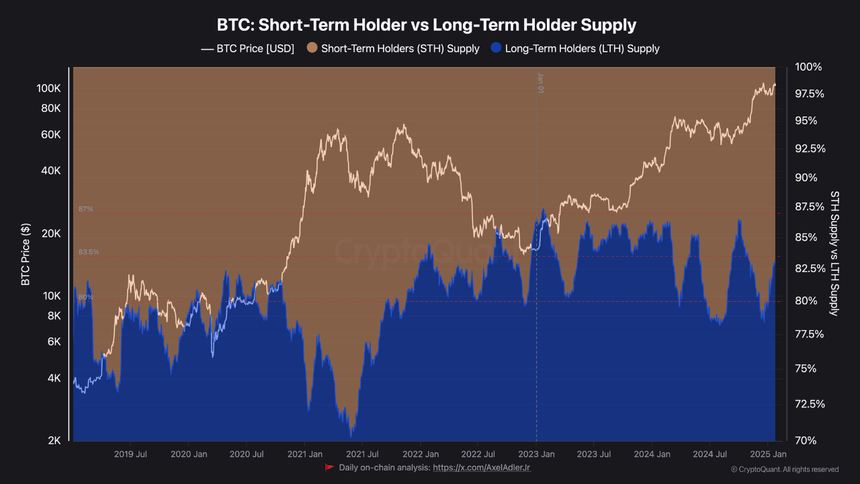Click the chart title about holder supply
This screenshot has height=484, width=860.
tap(426, 26)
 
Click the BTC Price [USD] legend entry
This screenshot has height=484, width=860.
tap(248, 48)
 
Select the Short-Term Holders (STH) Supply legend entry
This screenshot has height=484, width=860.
tap(393, 48)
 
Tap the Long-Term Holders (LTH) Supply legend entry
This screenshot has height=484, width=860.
tap(575, 48)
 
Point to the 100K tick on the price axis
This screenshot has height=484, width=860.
tap(48, 89)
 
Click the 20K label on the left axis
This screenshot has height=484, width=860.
tap(51, 234)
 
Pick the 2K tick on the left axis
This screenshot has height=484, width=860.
tap(54, 441)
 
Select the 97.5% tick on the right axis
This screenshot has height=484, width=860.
tap(809, 94)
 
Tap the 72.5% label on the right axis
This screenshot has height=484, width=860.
tap(809, 404)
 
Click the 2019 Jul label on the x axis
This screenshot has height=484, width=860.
tap(130, 454)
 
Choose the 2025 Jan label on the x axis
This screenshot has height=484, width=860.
tap(767, 454)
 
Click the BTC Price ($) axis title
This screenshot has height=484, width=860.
tap(26, 255)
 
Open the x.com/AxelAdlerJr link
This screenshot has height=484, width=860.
tap(482, 467)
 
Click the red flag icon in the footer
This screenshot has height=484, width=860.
tap(329, 467)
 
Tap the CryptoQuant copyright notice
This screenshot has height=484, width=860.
tap(784, 469)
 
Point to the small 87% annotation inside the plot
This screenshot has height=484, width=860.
tap(85, 209)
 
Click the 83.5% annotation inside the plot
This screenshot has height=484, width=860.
tap(89, 252)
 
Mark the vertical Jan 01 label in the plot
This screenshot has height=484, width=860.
tap(540, 82)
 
